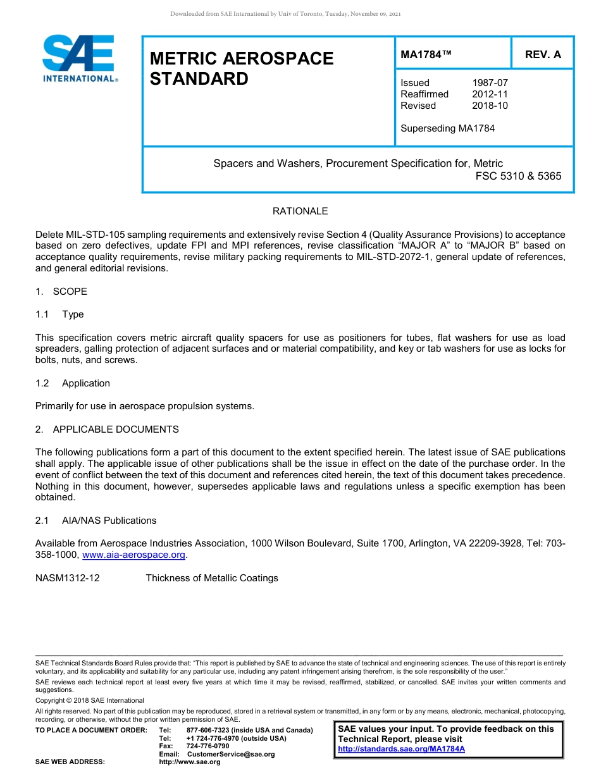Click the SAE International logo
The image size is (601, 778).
(79, 58)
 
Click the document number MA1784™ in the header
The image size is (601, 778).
(426, 55)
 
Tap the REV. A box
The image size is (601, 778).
(543, 55)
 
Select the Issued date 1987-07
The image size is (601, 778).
(490, 83)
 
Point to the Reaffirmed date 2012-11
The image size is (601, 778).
(490, 94)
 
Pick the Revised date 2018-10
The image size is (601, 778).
(490, 106)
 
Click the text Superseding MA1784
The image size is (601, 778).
(447, 128)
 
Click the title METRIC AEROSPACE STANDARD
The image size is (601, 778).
(242, 68)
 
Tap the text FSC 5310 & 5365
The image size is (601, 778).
(518, 176)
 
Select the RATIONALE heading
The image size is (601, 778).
(300, 211)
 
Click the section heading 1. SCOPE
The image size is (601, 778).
(61, 292)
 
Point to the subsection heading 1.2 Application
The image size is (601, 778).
(73, 383)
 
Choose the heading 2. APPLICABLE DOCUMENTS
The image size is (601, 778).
(107, 429)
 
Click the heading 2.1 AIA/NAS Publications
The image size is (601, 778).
(96, 521)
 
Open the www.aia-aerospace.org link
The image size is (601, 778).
(134, 555)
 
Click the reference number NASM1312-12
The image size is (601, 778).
(68, 578)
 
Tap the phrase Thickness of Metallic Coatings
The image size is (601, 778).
(212, 578)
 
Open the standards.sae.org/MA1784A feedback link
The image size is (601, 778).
(401, 749)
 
